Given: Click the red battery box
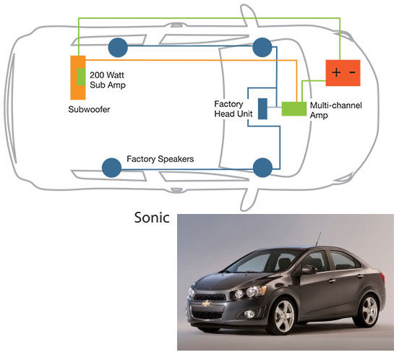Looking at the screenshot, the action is pyautogui.click(x=343, y=73).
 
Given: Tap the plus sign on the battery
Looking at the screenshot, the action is pyautogui.click(x=336, y=72).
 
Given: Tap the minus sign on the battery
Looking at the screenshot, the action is pyautogui.click(x=352, y=72).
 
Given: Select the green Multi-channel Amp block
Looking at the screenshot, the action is pyautogui.click(x=294, y=109).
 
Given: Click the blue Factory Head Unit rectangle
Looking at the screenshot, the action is pyautogui.click(x=262, y=108).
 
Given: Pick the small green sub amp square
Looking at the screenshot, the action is pyautogui.click(x=81, y=77).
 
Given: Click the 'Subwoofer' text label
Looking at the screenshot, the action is pyautogui.click(x=89, y=109).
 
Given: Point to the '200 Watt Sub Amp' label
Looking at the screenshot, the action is pyautogui.click(x=108, y=80).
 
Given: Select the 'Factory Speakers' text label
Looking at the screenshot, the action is pyautogui.click(x=160, y=159).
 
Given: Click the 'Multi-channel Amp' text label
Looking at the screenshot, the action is pyautogui.click(x=335, y=110).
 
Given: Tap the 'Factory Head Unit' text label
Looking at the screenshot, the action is pyautogui.click(x=233, y=108).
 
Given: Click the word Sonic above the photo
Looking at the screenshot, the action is pyautogui.click(x=152, y=218).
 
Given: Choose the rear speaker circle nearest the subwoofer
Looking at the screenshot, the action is pyautogui.click(x=118, y=47).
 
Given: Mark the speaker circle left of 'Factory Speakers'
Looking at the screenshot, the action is pyautogui.click(x=111, y=168).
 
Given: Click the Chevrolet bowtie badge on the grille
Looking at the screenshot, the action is pyautogui.click(x=207, y=303).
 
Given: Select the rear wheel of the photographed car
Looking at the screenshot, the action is pyautogui.click(x=368, y=310).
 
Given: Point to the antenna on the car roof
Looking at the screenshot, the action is pyautogui.click(x=318, y=239).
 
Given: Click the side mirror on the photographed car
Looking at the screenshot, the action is pyautogui.click(x=309, y=270).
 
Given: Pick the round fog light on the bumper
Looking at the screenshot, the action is pyautogui.click(x=249, y=314).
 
